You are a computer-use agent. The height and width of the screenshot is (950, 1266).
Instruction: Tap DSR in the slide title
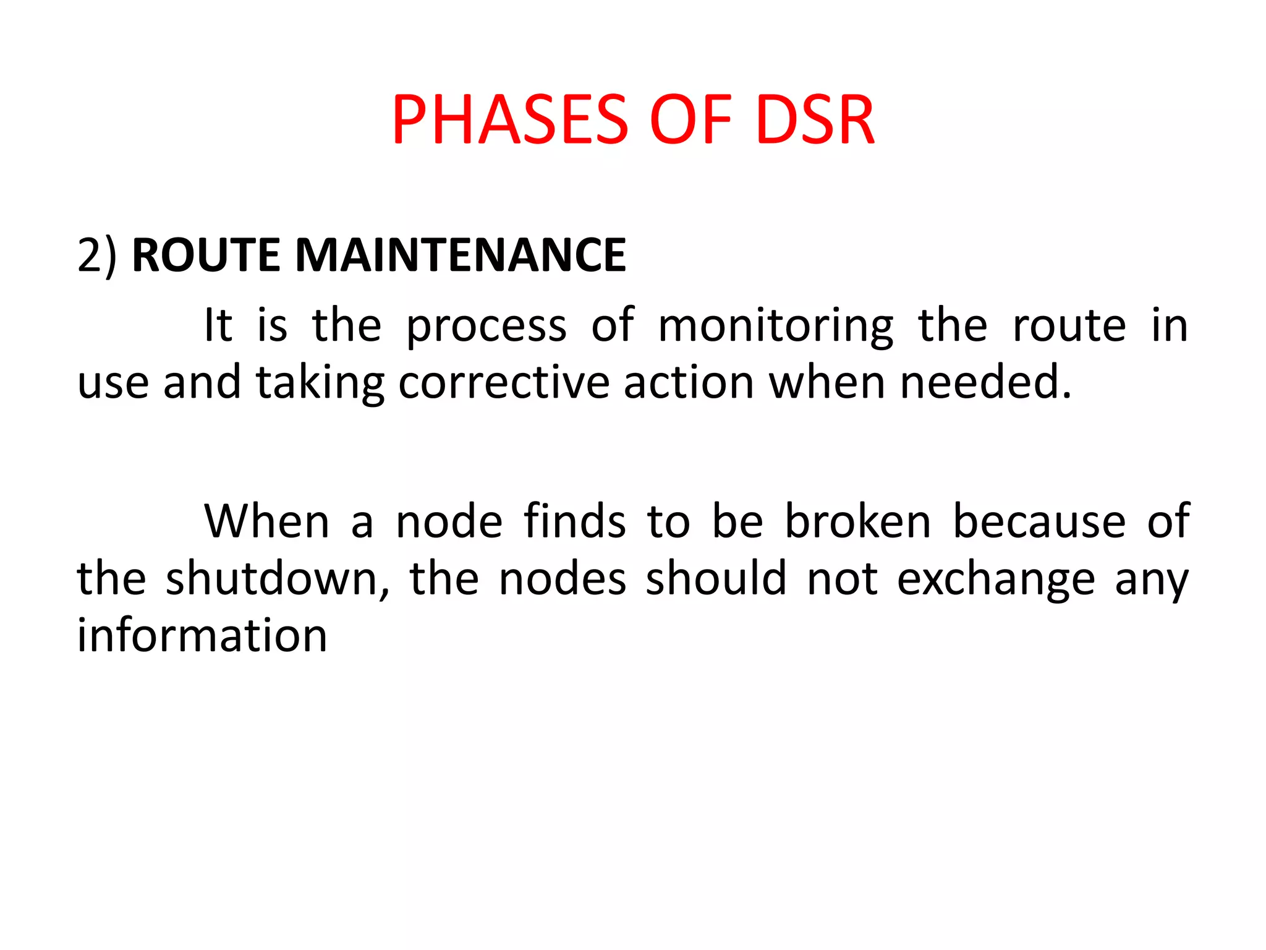[x=814, y=120]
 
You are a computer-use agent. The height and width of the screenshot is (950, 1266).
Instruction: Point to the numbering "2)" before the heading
[x=97, y=255]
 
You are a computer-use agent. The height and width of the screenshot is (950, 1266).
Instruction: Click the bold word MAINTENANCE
[x=461, y=255]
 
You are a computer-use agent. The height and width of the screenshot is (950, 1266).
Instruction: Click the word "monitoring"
[x=775, y=327]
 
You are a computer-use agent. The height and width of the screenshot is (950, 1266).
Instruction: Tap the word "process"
[x=486, y=327]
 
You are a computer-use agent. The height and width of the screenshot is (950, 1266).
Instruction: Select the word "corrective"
[x=504, y=383]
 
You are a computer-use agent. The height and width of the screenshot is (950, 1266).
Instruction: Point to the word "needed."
[x=985, y=383]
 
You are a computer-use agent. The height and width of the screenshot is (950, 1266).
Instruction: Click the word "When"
[x=266, y=522]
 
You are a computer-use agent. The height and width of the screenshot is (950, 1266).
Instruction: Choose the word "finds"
[x=575, y=522]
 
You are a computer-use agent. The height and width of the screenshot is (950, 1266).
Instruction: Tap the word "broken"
[x=857, y=522]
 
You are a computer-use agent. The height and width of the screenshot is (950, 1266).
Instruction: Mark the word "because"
[x=1039, y=522]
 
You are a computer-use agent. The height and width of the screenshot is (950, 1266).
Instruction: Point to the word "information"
[x=202, y=636]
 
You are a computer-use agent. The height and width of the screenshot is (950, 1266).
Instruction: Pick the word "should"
[x=716, y=579]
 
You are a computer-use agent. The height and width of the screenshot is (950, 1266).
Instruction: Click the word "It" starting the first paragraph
[x=218, y=325]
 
